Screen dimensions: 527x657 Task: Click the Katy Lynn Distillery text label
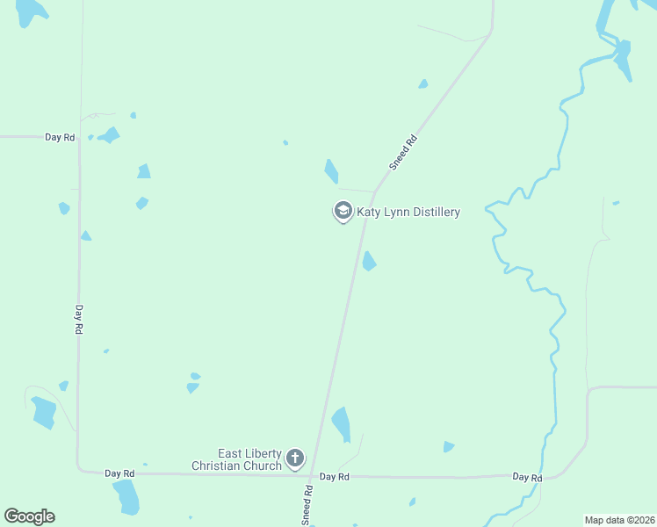coord(408,212)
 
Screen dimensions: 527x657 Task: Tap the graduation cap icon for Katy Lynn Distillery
coord(343,212)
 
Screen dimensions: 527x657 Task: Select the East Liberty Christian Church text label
coord(237,459)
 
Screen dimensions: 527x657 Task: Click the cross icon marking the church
coord(294,458)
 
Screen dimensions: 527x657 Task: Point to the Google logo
coord(29,516)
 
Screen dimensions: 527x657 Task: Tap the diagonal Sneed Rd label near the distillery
coord(402,151)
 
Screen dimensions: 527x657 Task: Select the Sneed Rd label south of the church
coord(308,506)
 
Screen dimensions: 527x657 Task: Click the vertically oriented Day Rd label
coord(78,319)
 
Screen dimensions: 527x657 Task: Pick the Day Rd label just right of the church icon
coord(335,476)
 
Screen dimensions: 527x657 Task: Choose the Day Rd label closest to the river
coord(527,477)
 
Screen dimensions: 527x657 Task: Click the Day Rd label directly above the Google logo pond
coord(119,473)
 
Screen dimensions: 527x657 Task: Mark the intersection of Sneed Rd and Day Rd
coord(314,475)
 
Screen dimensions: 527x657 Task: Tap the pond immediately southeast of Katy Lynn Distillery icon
coord(369,261)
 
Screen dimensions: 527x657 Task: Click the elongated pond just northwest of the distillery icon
coord(331,170)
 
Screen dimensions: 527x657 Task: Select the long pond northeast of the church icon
coord(341,424)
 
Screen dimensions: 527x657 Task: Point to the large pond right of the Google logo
coord(126,497)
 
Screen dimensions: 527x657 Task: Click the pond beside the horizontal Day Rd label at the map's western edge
coord(109,134)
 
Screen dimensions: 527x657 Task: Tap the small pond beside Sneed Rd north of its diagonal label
coord(423,84)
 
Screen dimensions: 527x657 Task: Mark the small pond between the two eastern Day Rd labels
coord(449,447)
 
